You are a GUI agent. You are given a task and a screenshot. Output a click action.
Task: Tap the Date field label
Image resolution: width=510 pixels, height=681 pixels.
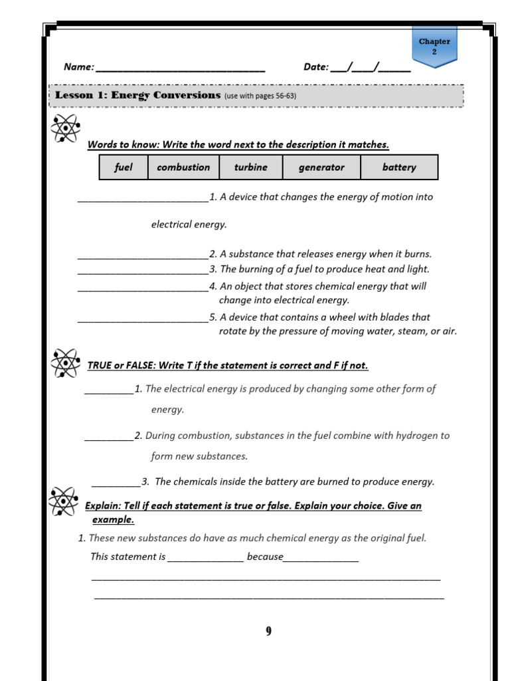tap(316, 67)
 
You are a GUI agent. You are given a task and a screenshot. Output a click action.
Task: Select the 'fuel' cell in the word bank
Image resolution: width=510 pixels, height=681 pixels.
tap(124, 168)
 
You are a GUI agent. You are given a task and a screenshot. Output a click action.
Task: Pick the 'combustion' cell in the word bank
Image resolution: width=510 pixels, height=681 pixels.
tap(183, 168)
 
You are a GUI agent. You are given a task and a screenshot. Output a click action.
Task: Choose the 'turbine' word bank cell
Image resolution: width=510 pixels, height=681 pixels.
tap(250, 168)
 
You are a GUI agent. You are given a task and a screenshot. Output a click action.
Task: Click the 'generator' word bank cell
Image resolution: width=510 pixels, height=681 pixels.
tap(321, 168)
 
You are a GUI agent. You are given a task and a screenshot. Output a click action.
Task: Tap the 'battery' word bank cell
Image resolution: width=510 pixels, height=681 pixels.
tap(399, 168)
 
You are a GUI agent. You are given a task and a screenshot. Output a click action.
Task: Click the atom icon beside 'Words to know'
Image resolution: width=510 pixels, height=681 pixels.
tap(65, 128)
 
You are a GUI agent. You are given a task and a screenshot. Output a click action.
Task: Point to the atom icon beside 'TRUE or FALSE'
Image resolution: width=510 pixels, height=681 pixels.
tap(65, 362)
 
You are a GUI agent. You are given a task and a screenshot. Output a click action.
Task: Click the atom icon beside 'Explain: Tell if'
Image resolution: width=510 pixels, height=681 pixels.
tap(64, 501)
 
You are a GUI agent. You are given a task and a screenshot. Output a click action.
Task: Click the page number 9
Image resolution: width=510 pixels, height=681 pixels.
tap(268, 632)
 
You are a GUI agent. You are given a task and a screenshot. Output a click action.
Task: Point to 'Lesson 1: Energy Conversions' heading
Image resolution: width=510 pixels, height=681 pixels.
tap(137, 95)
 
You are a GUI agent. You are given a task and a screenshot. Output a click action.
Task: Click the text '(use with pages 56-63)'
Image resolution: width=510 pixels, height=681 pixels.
tap(260, 96)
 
